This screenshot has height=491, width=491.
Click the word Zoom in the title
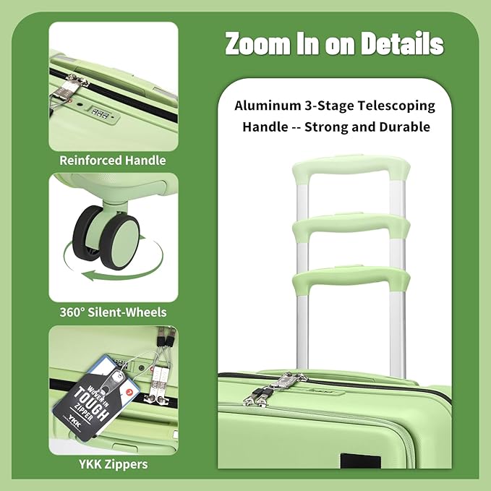click(256, 44)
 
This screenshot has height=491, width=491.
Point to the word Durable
click(405, 127)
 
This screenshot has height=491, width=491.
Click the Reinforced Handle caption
click(113, 161)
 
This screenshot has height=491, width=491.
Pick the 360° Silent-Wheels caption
click(113, 312)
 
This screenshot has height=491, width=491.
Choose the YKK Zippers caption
click(113, 464)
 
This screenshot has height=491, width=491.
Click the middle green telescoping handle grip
click(351, 228)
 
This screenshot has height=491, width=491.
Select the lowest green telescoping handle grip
click(351, 279)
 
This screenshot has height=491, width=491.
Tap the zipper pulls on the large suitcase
click(271, 387)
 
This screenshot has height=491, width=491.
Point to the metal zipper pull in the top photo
click(72, 90)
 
